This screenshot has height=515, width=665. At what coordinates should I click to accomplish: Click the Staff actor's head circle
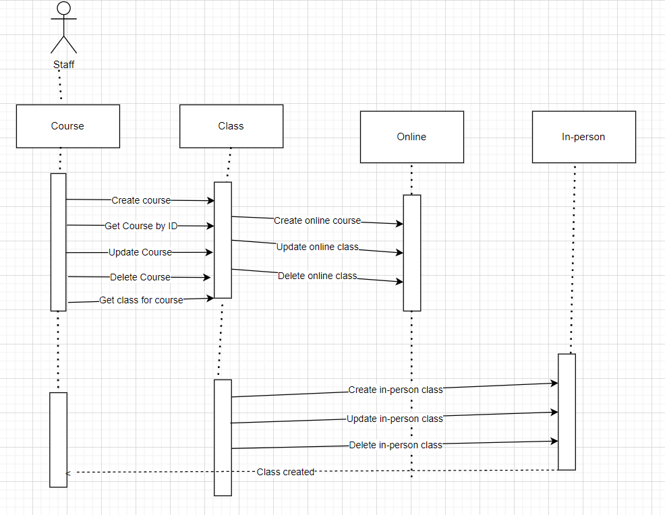(x=64, y=8)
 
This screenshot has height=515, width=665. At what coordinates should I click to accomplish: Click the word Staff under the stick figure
(x=64, y=65)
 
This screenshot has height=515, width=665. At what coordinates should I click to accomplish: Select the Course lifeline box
(x=68, y=126)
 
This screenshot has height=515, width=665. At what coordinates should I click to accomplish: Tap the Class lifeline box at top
(x=231, y=126)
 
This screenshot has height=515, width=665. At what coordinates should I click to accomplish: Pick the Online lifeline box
(x=411, y=137)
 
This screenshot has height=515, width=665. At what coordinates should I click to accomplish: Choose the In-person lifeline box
(x=583, y=137)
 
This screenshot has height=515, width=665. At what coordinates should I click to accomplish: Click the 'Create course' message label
(x=141, y=200)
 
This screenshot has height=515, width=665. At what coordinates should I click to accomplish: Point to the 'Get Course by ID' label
(x=141, y=226)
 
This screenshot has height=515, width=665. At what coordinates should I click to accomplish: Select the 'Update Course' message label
(x=140, y=252)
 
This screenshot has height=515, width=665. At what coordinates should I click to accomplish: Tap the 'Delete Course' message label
(x=140, y=277)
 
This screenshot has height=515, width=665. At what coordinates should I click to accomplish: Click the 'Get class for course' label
(x=141, y=300)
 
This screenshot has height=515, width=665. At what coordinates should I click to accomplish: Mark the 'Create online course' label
(x=317, y=220)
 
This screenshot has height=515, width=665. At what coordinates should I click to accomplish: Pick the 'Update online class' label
(x=317, y=247)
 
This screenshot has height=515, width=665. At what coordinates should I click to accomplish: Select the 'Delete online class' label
(x=317, y=276)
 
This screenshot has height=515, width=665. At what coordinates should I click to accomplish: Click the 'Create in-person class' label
(x=395, y=390)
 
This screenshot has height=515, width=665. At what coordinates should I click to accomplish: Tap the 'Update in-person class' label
(x=395, y=419)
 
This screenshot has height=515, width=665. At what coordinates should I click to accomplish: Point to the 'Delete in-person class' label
(x=395, y=445)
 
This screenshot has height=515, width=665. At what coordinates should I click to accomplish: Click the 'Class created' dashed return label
(x=285, y=472)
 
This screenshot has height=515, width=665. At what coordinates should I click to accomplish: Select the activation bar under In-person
(x=567, y=411)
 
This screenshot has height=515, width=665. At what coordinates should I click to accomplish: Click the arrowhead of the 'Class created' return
(x=67, y=473)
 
